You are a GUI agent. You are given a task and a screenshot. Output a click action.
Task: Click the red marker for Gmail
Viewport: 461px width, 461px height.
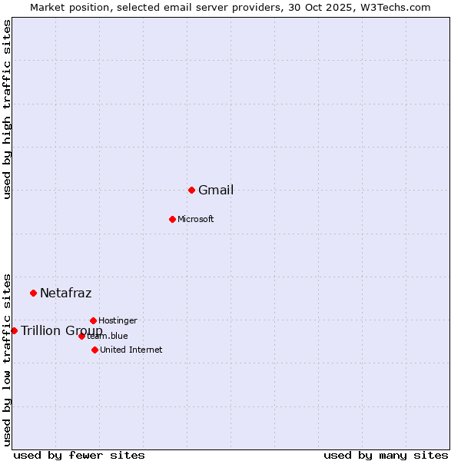pyautogui.click(x=191, y=190)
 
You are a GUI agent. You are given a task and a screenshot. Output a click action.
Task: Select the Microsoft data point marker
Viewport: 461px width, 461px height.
pyautogui.click(x=172, y=219)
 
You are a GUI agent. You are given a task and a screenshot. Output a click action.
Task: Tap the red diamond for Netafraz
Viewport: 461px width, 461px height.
pyautogui.click(x=33, y=293)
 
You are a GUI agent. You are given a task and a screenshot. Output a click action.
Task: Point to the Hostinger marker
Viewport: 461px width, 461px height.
pyautogui.click(x=93, y=320)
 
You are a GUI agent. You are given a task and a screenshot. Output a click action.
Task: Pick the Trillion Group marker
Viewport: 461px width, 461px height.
pyautogui.click(x=14, y=330)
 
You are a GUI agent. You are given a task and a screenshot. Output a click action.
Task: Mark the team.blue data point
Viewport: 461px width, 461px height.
pyautogui.click(x=81, y=336)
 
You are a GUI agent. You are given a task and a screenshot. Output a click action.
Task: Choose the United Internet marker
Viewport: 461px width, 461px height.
pyautogui.click(x=95, y=350)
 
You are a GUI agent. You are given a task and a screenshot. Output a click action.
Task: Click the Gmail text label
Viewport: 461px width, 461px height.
pyautogui.click(x=216, y=191)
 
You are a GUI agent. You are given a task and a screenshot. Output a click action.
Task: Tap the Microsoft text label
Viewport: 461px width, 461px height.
pyautogui.click(x=196, y=220)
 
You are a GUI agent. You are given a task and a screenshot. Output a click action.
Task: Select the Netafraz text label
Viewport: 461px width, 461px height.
pyautogui.click(x=65, y=293)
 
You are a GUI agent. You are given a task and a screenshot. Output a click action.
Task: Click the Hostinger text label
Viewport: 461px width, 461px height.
pyautogui.click(x=118, y=320)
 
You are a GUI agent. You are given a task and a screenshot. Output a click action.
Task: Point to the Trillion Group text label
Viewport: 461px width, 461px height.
pyautogui.click(x=61, y=330)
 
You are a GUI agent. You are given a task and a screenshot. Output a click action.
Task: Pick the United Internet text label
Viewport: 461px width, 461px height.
pyautogui.click(x=131, y=350)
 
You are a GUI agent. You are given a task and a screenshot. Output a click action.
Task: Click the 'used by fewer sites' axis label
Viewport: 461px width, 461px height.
pyautogui.click(x=79, y=455)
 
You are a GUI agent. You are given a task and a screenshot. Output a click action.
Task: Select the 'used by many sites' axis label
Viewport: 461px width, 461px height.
pyautogui.click(x=386, y=455)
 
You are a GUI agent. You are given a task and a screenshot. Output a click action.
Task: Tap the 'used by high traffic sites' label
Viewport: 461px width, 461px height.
pyautogui.click(x=7, y=109)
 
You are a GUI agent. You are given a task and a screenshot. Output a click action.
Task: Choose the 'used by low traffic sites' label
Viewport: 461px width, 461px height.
pyautogui.click(x=7, y=360)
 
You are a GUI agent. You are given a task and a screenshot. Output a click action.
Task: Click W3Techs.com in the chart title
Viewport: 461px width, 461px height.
pyautogui.click(x=396, y=7)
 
